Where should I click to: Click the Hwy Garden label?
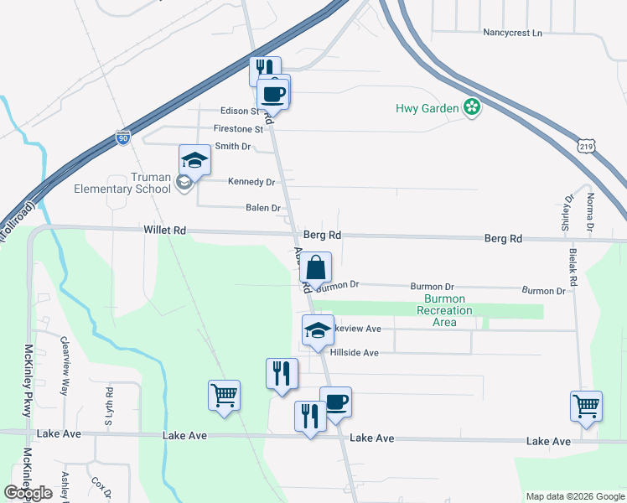pos(427,108)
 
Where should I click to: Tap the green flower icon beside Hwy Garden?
pos(472,107)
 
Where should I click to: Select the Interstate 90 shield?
pos(123,137)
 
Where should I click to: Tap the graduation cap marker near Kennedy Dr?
pos(194,159)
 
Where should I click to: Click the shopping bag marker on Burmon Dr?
pos(316,267)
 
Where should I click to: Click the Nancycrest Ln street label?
pos(513,33)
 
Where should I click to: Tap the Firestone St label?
pos(238,129)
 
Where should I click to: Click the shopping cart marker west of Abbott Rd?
pos(225,395)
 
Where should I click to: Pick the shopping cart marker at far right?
pos(586,406)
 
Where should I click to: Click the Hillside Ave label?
pos(355,353)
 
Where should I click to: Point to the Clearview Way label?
pos(65,366)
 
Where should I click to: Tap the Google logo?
pos(28,493)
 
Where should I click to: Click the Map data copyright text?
pos(573,496)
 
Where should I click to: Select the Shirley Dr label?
pos(569,213)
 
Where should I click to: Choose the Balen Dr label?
pos(262,207)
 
